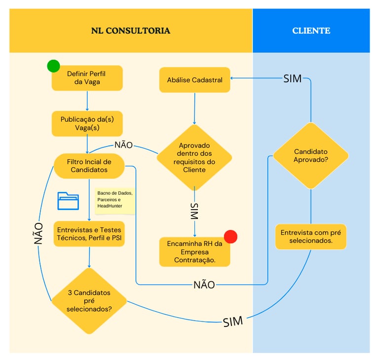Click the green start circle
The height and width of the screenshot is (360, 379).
pyautogui.click(x=53, y=66)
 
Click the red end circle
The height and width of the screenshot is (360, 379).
pyautogui.click(x=230, y=236)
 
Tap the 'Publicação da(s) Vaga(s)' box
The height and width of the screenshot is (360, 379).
pyautogui.click(x=87, y=123)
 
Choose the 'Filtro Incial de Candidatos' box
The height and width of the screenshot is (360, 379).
pyautogui.click(x=89, y=166)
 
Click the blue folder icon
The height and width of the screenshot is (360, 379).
pyautogui.click(x=68, y=200)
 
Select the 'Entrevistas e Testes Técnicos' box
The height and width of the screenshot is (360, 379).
pyautogui.click(x=89, y=234)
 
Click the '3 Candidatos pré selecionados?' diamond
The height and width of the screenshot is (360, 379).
pyautogui.click(x=89, y=301)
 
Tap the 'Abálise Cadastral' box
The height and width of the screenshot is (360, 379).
pyautogui.click(x=194, y=80)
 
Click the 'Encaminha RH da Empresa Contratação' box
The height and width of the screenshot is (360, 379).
pyautogui.click(x=194, y=252)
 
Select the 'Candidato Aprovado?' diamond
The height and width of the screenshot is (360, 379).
pyautogui.click(x=311, y=156)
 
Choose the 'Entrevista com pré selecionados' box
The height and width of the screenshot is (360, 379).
pyautogui.click(x=311, y=237)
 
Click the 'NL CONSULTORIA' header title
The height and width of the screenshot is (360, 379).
pyautogui.click(x=130, y=31)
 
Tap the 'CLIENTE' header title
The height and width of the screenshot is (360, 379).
pyautogui.click(x=311, y=31)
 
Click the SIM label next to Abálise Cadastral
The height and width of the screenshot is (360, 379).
pyautogui.click(x=292, y=79)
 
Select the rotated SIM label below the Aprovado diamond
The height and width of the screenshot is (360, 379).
pyautogui.click(x=194, y=211)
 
